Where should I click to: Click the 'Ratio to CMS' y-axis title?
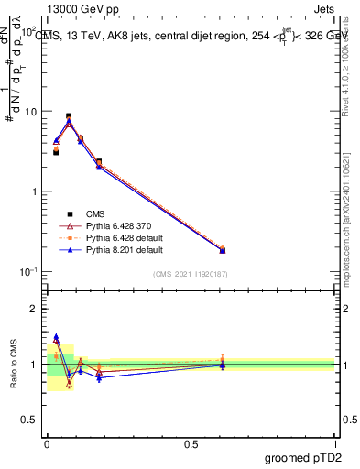click(x=15, y=364)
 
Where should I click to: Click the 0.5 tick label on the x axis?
click(x=191, y=443)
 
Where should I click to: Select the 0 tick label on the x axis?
click(x=47, y=443)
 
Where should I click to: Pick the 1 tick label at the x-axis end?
click(x=336, y=443)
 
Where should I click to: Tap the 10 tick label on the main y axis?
click(x=29, y=112)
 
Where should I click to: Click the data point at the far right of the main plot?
click(x=222, y=249)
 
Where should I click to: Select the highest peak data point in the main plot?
click(x=69, y=116)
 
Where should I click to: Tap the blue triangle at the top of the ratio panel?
click(x=56, y=336)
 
